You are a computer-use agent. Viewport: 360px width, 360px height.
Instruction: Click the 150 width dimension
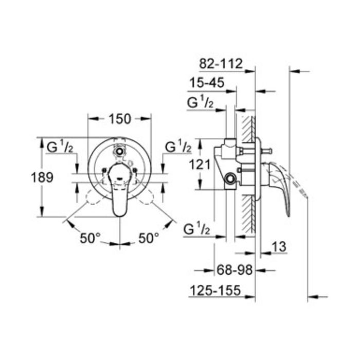pos(120,119)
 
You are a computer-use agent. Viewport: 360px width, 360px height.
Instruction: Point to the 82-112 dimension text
pos(220,65)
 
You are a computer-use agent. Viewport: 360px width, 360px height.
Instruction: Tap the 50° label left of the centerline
pos(90,238)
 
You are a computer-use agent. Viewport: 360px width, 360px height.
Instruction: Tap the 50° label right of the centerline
pos(149,238)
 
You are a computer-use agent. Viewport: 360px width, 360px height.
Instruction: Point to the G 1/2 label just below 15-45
pos(201,102)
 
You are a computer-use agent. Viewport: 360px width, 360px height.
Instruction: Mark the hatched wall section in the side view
pos(251,170)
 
